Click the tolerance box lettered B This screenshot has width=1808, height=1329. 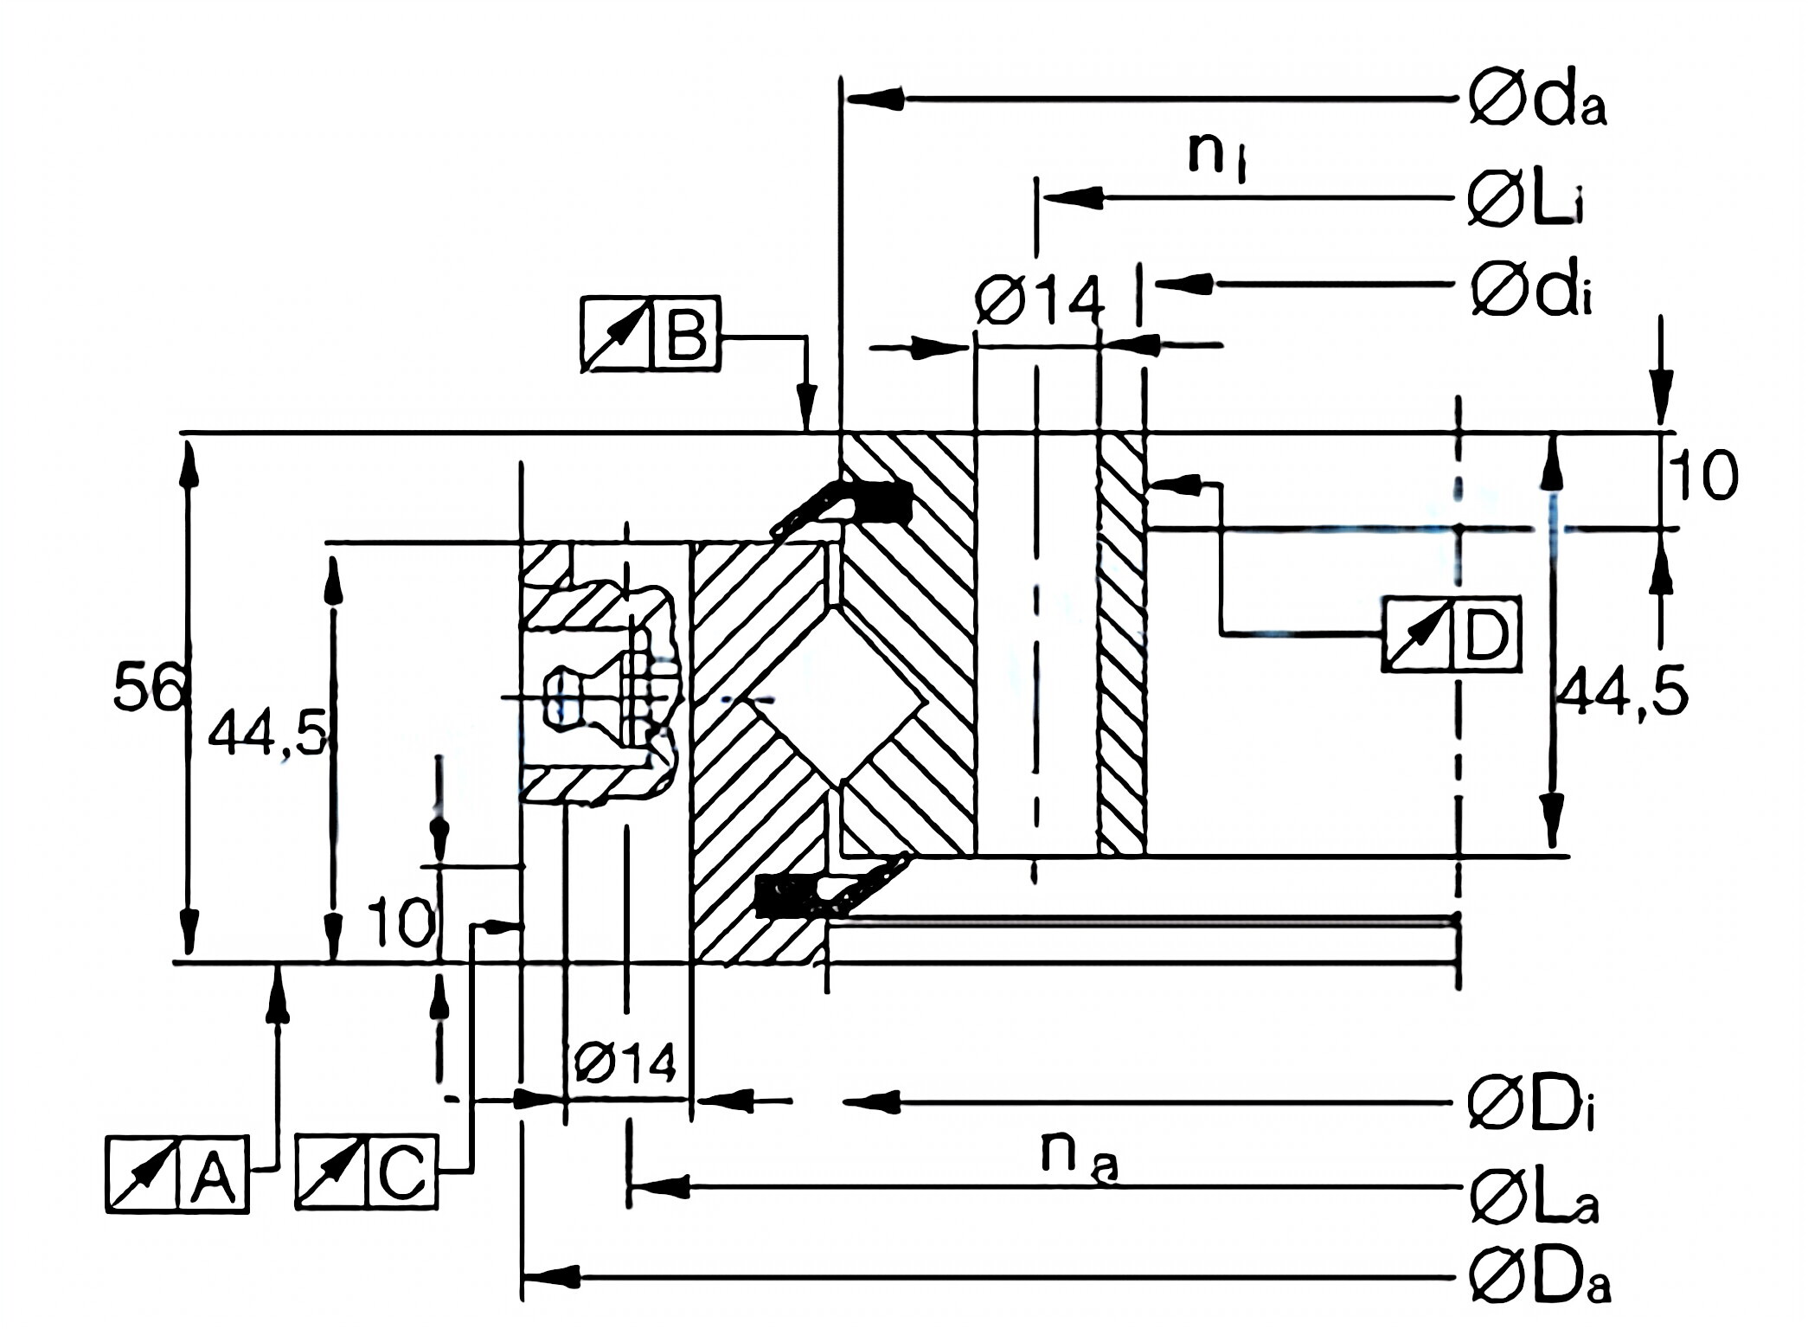point(650,335)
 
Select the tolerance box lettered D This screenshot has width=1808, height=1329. point(1451,634)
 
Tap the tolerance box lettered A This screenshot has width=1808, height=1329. point(177,1174)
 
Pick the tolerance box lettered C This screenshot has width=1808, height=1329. point(367,1173)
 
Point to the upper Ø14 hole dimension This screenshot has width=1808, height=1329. point(1039,300)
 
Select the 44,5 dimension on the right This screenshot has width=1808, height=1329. point(1621,693)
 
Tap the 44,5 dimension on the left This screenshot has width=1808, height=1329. point(266,734)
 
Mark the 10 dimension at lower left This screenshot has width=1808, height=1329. point(401,922)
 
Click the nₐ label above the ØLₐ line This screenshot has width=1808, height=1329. point(1079,1158)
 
